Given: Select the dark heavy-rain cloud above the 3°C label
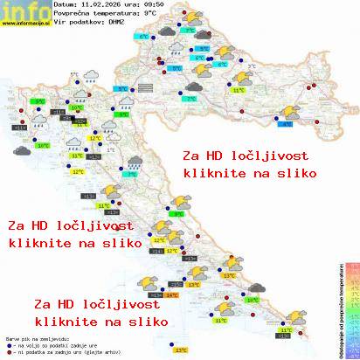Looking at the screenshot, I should click(134, 163).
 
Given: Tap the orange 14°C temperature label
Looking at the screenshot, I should click(172, 296).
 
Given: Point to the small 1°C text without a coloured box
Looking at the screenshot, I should click(110, 149).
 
